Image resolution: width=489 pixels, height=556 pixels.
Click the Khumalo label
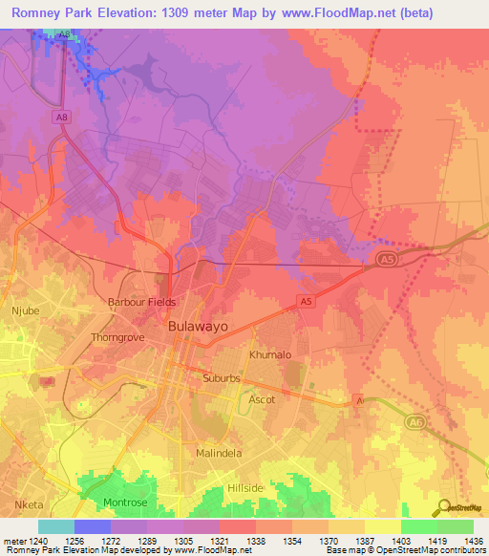pyautogui.click(x=269, y=354)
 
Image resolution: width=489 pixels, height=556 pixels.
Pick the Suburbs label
pyautogui.click(x=225, y=377)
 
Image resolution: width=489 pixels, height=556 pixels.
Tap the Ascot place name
pyautogui.click(x=262, y=399)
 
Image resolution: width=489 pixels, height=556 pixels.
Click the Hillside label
pyautogui.click(x=245, y=487)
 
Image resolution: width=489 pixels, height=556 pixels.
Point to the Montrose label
pyautogui.click(x=125, y=503)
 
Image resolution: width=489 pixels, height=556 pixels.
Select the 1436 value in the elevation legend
pyautogui.click(x=473, y=541)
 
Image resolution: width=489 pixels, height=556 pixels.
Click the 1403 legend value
pyautogui.click(x=400, y=541)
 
